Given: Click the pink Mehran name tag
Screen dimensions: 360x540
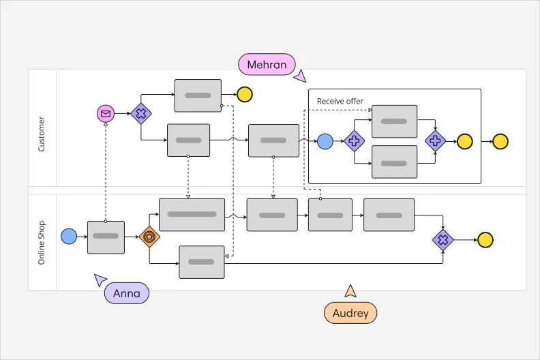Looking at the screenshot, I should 267,65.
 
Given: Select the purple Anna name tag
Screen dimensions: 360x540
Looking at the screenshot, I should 126,294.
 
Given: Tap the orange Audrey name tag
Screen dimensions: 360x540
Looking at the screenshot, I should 350,313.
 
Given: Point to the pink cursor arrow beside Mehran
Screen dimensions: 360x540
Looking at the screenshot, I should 300,76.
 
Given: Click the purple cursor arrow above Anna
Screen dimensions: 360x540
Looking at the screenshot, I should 100,279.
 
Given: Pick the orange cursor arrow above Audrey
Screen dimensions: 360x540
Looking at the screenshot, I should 350,291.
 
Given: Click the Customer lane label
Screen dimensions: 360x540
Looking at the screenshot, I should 42,134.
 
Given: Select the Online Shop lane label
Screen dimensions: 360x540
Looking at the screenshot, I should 42,243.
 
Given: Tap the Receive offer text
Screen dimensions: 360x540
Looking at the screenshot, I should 340,102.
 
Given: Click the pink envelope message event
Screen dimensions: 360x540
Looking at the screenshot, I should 106,114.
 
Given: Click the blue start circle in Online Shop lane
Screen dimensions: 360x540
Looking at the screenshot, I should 69,237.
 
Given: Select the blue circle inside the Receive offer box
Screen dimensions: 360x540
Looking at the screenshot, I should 325,141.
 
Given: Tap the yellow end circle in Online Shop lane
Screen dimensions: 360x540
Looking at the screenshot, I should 485,239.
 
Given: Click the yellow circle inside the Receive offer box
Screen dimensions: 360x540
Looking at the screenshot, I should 464,141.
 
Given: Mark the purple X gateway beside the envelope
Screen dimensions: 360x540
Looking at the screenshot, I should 140,114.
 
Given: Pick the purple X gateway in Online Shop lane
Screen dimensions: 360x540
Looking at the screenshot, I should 443,239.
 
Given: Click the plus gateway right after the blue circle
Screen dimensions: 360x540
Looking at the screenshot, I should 354,141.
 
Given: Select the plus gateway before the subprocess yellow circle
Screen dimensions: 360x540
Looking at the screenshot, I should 435,141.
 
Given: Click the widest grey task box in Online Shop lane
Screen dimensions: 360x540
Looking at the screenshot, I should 192,215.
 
